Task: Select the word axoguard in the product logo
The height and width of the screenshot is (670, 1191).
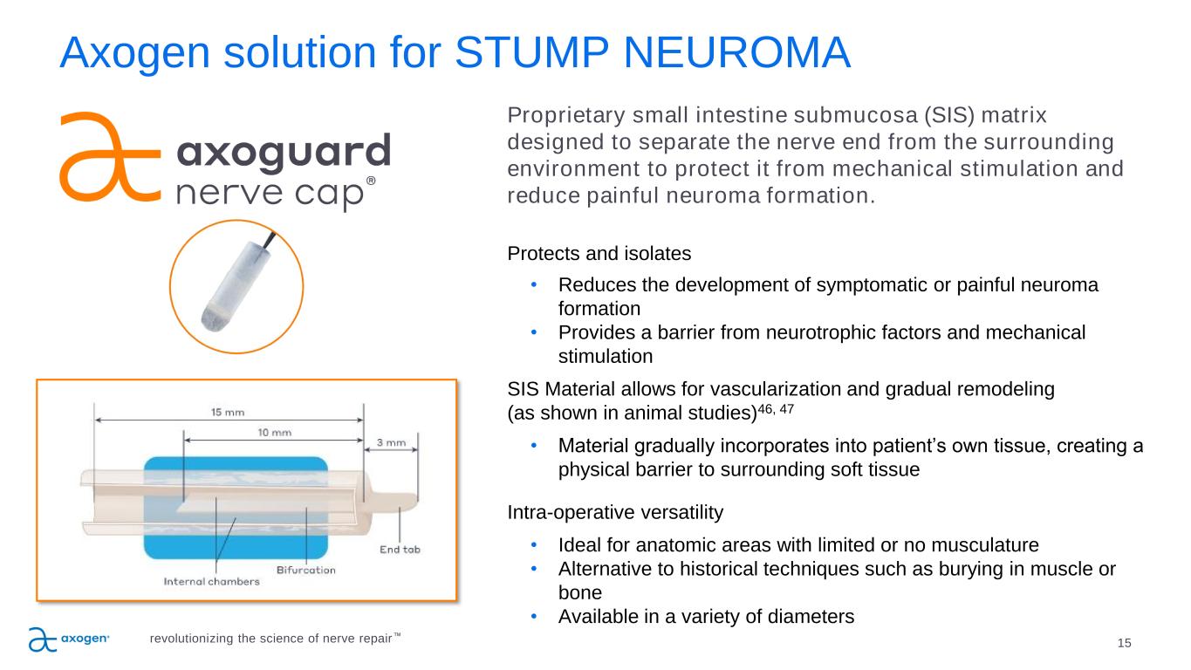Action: (284, 154)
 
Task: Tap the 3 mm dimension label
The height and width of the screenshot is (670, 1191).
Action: (391, 442)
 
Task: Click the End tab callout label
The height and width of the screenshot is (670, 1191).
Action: (400, 549)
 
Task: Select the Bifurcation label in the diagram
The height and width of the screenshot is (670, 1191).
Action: (305, 570)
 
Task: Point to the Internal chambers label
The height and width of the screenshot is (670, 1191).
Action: (211, 582)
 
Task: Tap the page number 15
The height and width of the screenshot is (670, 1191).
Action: (1124, 643)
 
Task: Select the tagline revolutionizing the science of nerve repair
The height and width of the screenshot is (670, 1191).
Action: (270, 639)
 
